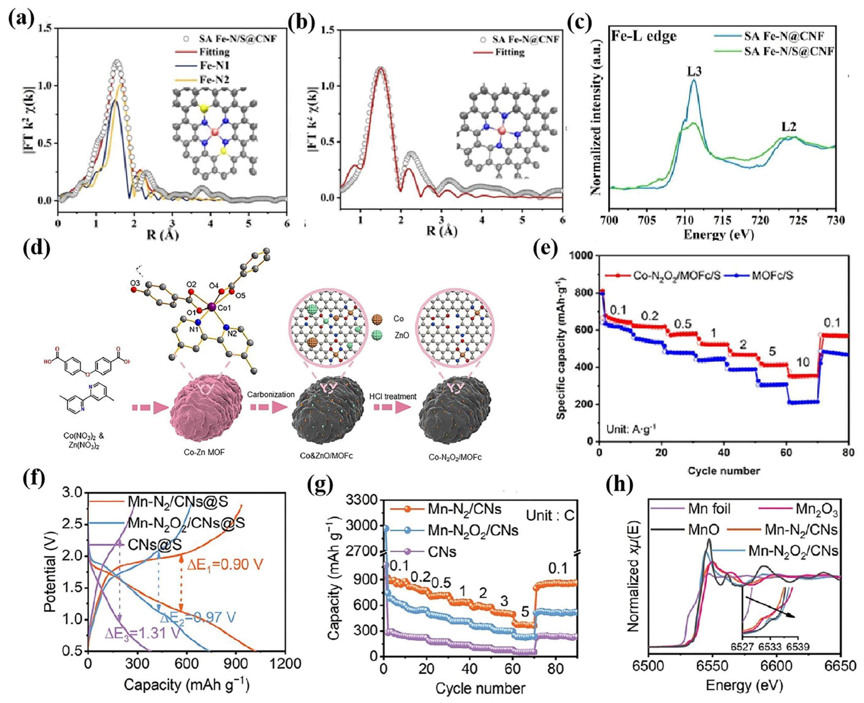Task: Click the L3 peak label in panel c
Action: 694,72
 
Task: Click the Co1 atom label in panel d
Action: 224,308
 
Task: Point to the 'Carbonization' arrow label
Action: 270,394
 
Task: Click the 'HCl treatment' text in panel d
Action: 392,396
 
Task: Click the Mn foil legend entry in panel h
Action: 709,509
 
